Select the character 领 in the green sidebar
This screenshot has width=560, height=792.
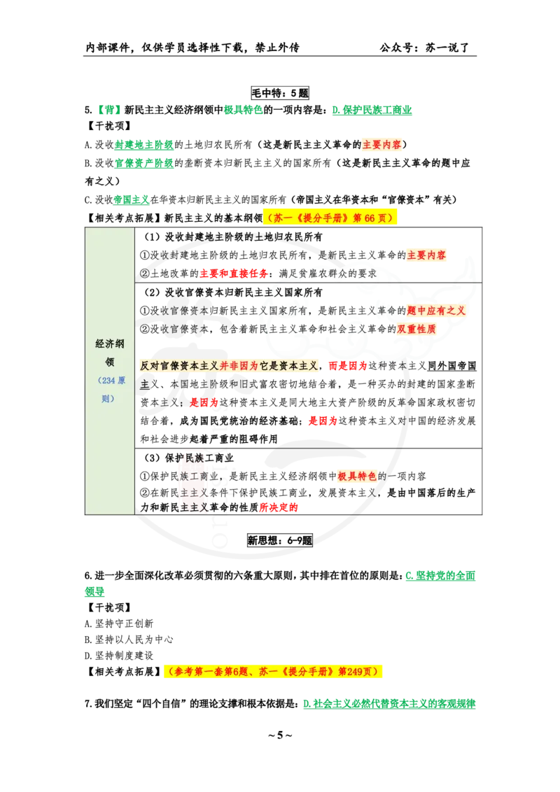pyautogui.click(x=109, y=362)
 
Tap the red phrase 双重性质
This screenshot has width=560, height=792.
pyautogui.click(x=416, y=328)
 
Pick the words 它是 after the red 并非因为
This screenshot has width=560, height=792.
pyautogui.click(x=265, y=366)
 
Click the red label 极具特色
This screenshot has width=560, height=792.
pyautogui.click(x=357, y=476)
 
